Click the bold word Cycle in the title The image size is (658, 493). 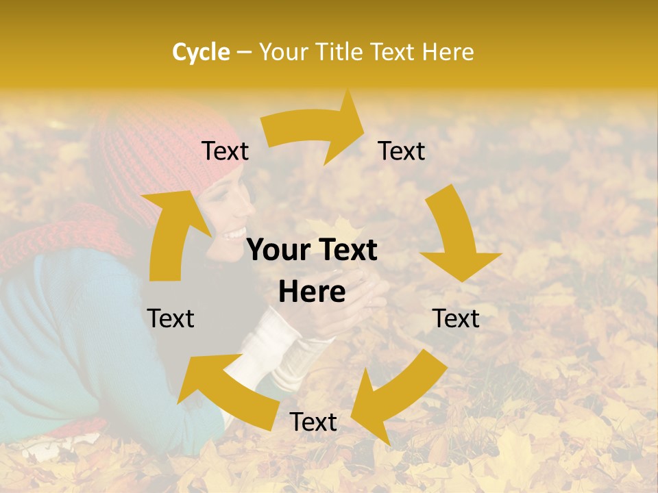pyautogui.click(x=200, y=52)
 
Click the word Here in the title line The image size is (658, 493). pyautogui.click(x=448, y=52)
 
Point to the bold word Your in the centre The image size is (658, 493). pyautogui.click(x=278, y=251)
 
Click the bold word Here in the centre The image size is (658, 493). pyautogui.click(x=312, y=292)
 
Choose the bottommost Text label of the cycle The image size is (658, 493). pyautogui.click(x=313, y=422)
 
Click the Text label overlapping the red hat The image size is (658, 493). pyautogui.click(x=225, y=151)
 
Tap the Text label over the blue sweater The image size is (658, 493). pyautogui.click(x=171, y=318)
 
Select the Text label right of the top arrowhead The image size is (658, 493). pyautogui.click(x=402, y=151)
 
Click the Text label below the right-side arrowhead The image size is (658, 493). pyautogui.click(x=456, y=318)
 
